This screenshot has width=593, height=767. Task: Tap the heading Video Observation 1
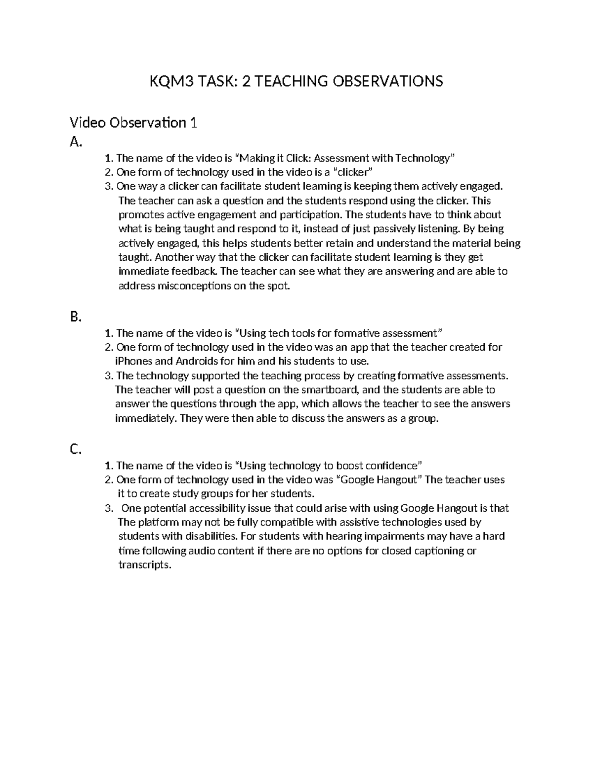pyautogui.click(x=133, y=122)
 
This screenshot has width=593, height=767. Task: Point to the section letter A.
pyautogui.click(x=75, y=142)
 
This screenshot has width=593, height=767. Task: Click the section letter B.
pyautogui.click(x=75, y=317)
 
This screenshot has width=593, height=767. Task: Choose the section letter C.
pyautogui.click(x=75, y=449)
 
